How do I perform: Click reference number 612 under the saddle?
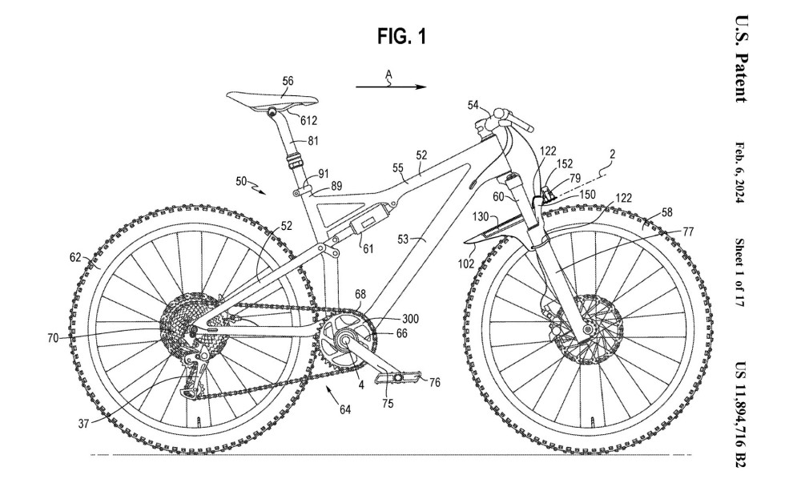pyautogui.click(x=309, y=122)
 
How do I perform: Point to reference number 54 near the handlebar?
pyautogui.click(x=473, y=104)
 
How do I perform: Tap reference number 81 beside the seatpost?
pyautogui.click(x=313, y=141)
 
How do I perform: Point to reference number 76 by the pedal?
pyautogui.click(x=435, y=383)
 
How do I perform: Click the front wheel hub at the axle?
pyautogui.click(x=590, y=329)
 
